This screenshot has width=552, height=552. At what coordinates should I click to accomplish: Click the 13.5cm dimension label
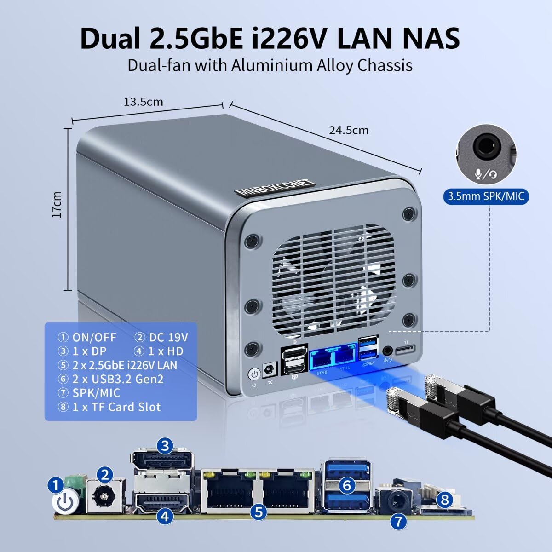[x=143, y=102]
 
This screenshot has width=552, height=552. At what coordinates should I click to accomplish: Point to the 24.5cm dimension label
[x=348, y=130]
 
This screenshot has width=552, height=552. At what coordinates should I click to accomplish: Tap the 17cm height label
[x=57, y=204]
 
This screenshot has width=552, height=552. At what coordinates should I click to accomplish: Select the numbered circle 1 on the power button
[x=56, y=484]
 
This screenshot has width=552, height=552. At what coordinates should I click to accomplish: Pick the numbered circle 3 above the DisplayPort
[x=165, y=445]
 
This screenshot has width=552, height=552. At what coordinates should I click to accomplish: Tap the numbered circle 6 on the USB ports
[x=347, y=485]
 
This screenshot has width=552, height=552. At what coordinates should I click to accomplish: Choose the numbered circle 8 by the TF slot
[x=444, y=499]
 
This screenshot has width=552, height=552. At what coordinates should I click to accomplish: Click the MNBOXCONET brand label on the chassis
[x=274, y=187]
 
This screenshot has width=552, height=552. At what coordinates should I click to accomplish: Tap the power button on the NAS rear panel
[x=253, y=374]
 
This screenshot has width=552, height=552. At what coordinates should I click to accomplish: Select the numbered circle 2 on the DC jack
[x=105, y=474]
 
